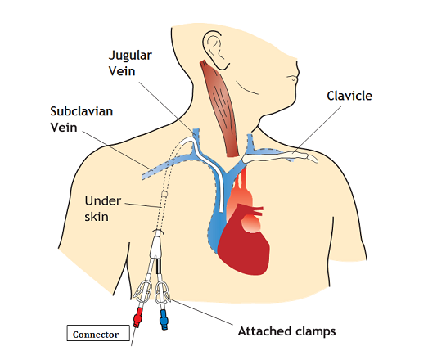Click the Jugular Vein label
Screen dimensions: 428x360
130,63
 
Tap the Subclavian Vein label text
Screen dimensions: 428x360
81,119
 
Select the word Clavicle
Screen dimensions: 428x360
349,96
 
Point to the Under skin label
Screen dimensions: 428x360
102,209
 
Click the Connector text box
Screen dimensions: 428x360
98,333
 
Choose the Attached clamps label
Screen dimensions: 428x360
286,331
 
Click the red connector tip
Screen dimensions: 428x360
137,317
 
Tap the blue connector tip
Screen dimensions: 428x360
164,320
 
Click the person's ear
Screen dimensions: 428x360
215,49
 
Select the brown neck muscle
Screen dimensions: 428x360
221,109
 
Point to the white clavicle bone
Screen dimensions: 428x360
282,157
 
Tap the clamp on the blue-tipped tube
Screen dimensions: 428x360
162,293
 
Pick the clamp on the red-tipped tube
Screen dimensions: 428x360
142,290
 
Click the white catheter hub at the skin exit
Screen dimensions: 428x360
156,246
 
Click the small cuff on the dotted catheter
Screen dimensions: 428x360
164,195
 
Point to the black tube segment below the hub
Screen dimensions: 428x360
159,266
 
